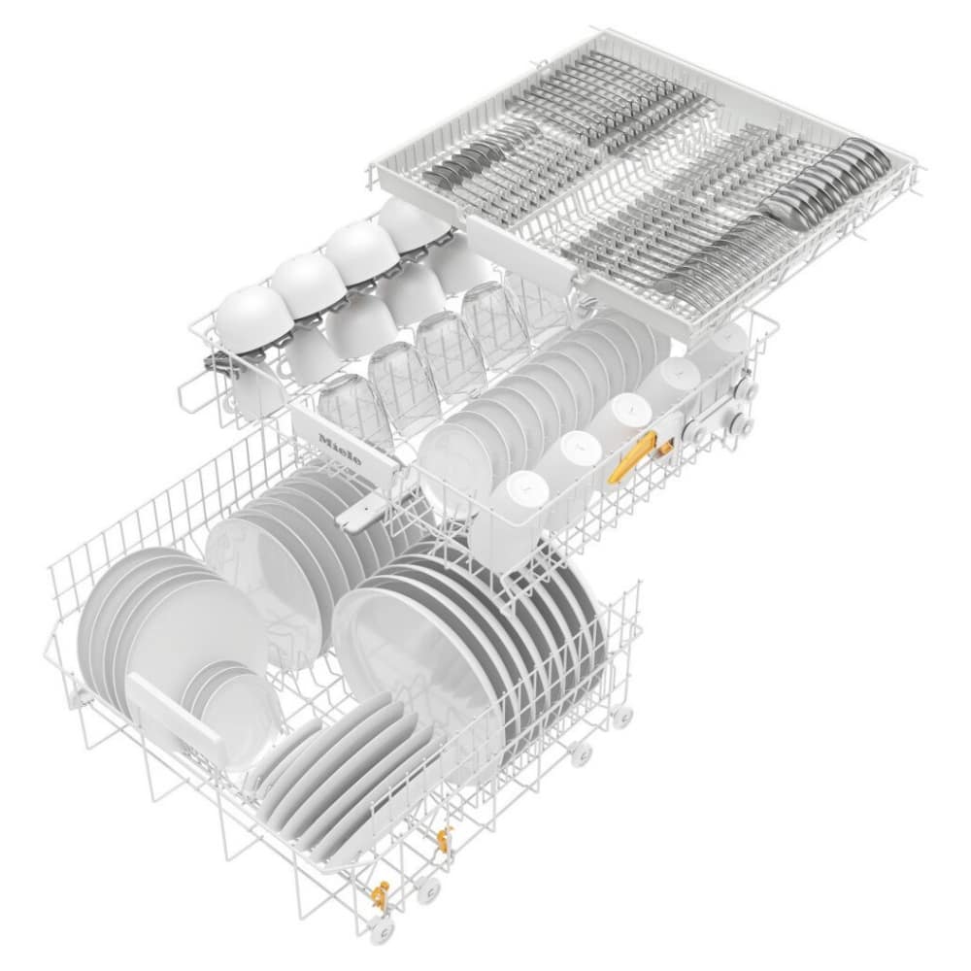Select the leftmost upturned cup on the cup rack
click(x=252, y=316)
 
